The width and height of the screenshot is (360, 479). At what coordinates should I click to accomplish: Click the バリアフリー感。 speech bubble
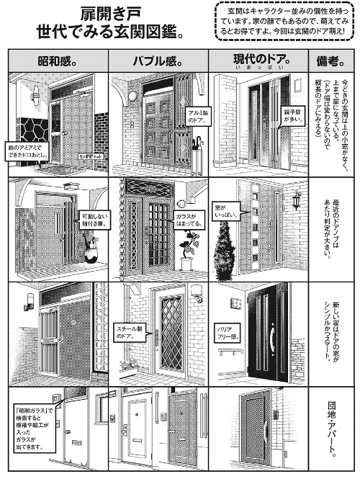point(222,333)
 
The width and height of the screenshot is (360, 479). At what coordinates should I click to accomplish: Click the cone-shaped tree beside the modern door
point(225,245)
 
